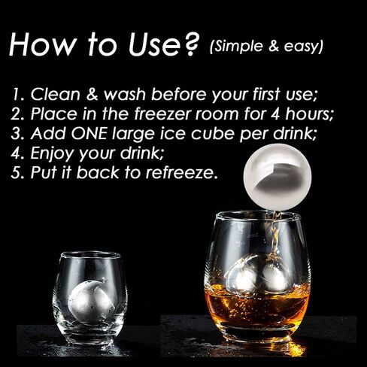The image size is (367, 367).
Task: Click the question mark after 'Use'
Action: click(190, 44)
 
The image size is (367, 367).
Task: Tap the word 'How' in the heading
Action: click(42, 44)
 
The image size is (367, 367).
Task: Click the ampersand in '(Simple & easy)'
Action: click(273, 46)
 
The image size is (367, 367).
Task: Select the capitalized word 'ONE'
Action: click(89, 133)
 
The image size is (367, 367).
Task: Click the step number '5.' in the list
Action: click(17, 173)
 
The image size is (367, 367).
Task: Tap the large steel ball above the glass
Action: click(278, 177)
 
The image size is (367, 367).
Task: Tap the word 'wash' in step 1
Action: click(125, 95)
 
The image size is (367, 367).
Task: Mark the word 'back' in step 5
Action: click(98, 173)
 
